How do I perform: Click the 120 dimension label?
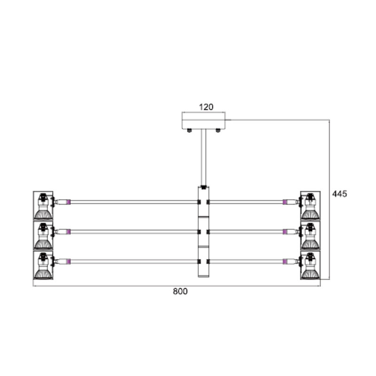[206, 107]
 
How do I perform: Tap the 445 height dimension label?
[339, 194]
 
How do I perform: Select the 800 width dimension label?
[180, 291]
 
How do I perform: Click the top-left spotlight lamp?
[43, 206]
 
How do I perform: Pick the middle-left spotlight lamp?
[43, 236]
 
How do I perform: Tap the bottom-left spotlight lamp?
[43, 266]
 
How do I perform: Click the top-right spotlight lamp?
[310, 206]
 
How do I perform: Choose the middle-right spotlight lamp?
[310, 236]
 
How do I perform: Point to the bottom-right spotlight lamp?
[310, 266]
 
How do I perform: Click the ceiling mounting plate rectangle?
[204, 120]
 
